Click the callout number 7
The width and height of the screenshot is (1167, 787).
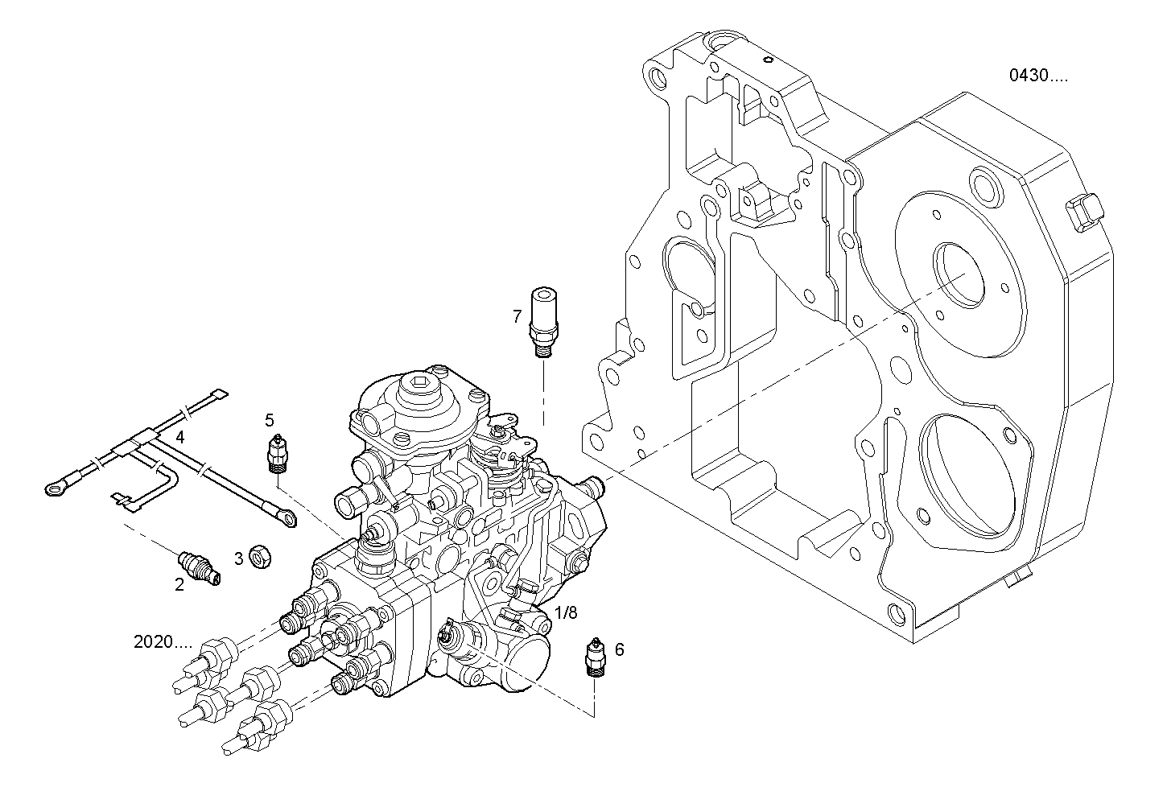518,316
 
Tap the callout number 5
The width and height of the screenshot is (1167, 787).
270,419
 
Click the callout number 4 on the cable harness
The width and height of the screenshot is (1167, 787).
180,437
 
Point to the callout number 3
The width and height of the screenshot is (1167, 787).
238,558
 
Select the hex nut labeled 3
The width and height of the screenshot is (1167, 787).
259,555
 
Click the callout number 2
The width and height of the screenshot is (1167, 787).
179,585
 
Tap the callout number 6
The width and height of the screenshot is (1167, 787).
619,649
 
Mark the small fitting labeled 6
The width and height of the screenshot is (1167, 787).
596,658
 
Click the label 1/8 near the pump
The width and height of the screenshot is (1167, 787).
567,612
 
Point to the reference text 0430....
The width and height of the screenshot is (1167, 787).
1039,76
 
